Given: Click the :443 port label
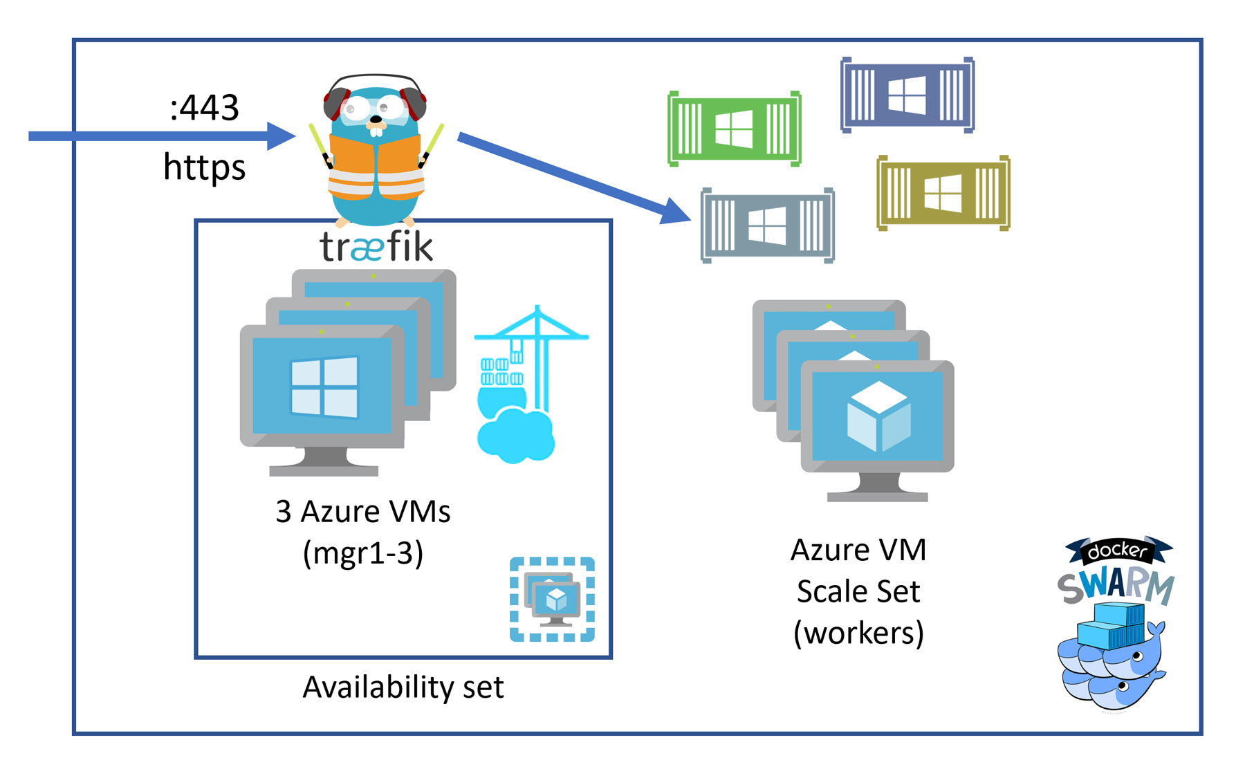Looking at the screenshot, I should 204,108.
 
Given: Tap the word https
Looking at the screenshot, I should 204,167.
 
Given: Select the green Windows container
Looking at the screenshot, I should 734,129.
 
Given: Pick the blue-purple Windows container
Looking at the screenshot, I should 907,95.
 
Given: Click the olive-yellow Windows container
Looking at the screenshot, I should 943,193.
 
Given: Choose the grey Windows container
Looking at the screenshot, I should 767,225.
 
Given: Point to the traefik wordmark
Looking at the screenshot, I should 376,247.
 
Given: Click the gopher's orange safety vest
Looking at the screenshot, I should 376,166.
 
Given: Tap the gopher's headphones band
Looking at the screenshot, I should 375,77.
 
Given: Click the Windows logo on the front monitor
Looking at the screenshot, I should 324,387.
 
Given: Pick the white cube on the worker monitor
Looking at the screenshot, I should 878,416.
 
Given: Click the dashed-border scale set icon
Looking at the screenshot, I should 552,599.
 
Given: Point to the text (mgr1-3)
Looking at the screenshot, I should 363,553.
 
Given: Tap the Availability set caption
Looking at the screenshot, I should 403,687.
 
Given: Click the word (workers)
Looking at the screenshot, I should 858,633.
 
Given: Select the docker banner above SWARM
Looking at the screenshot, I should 1118,550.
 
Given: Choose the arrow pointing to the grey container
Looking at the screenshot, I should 574,177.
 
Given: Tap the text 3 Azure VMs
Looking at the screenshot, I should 363,512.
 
